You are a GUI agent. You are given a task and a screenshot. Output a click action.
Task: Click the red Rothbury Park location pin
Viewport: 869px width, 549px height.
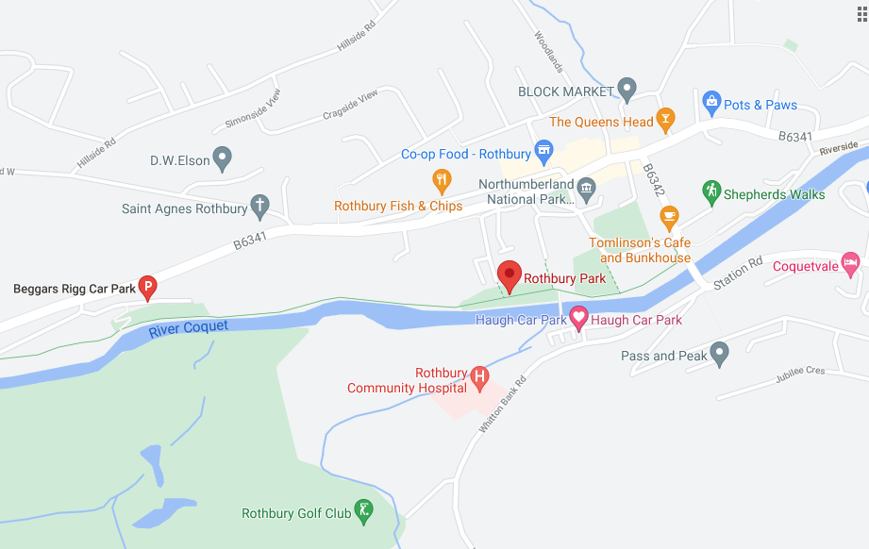tap(510, 275)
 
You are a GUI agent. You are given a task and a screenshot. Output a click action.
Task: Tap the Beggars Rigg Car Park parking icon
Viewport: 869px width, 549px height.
tap(147, 287)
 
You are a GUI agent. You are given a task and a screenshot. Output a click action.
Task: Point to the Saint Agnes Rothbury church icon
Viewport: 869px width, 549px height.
tap(259, 208)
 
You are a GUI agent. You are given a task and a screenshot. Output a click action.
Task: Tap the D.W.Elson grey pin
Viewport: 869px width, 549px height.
tap(223, 159)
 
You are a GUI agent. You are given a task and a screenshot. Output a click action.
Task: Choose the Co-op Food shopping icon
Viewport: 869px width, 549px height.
tap(543, 151)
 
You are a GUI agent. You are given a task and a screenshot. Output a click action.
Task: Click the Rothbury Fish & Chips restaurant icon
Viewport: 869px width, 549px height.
tap(442, 180)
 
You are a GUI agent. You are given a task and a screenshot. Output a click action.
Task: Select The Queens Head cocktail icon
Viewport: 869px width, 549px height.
tap(666, 120)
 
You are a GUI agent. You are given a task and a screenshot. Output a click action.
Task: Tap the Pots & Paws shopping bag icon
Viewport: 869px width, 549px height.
tap(712, 101)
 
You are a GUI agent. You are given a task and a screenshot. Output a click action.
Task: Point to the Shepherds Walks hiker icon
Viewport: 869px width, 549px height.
tap(711, 192)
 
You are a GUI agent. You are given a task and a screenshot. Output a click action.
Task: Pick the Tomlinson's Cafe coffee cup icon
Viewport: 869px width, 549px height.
tap(669, 217)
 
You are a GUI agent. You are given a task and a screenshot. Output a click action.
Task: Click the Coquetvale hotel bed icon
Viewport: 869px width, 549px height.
tap(851, 264)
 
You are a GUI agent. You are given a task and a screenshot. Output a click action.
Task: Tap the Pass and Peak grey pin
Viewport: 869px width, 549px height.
tap(720, 355)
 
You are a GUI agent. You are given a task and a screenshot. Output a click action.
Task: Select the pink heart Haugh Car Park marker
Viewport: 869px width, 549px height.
tap(578, 318)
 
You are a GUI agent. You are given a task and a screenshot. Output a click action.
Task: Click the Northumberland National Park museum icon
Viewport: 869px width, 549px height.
tap(586, 188)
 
